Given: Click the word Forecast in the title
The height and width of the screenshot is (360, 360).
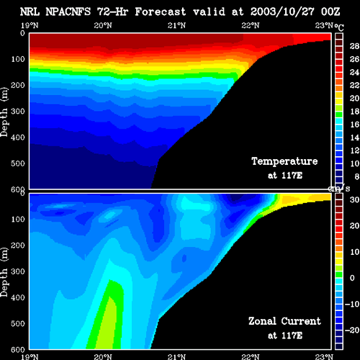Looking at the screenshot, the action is (x=161, y=12).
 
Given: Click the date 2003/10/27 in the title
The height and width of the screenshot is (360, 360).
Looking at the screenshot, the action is (x=282, y=12).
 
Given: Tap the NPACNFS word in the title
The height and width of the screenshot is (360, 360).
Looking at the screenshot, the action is (x=68, y=12).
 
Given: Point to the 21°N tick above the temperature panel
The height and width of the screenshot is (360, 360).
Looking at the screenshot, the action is (x=176, y=25).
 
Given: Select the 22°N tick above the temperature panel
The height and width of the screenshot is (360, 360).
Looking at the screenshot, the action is (x=251, y=25).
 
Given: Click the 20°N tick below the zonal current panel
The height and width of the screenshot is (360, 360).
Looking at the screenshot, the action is (x=103, y=357).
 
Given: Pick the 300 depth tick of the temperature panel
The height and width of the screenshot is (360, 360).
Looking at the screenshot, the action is (x=18, y=111).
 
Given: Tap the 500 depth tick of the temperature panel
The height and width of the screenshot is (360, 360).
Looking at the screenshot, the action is (x=18, y=163).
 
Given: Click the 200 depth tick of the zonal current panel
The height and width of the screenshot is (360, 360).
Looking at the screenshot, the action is (x=18, y=246).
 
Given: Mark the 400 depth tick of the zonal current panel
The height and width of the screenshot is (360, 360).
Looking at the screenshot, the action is (x=18, y=297).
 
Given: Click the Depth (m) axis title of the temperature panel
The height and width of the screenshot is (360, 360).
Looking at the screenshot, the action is (x=4, y=112).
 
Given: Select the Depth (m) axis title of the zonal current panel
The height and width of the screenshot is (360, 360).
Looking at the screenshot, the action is (x=4, y=272).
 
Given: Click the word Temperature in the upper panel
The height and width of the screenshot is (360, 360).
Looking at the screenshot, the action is (x=284, y=161).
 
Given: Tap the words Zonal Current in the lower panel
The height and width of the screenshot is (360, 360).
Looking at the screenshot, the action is (x=284, y=321).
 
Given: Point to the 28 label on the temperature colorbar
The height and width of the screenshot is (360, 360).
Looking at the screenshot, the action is (x=354, y=46).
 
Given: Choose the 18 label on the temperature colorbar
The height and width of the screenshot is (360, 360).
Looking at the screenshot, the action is (x=354, y=112).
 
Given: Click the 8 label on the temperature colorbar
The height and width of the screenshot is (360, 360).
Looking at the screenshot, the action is (x=356, y=176).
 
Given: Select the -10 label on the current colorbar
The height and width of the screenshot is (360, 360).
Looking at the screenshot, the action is (x=352, y=304).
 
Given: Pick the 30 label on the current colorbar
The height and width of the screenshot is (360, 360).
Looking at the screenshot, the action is (x=354, y=199).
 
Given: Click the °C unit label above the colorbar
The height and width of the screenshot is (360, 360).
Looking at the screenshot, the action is (x=339, y=27).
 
